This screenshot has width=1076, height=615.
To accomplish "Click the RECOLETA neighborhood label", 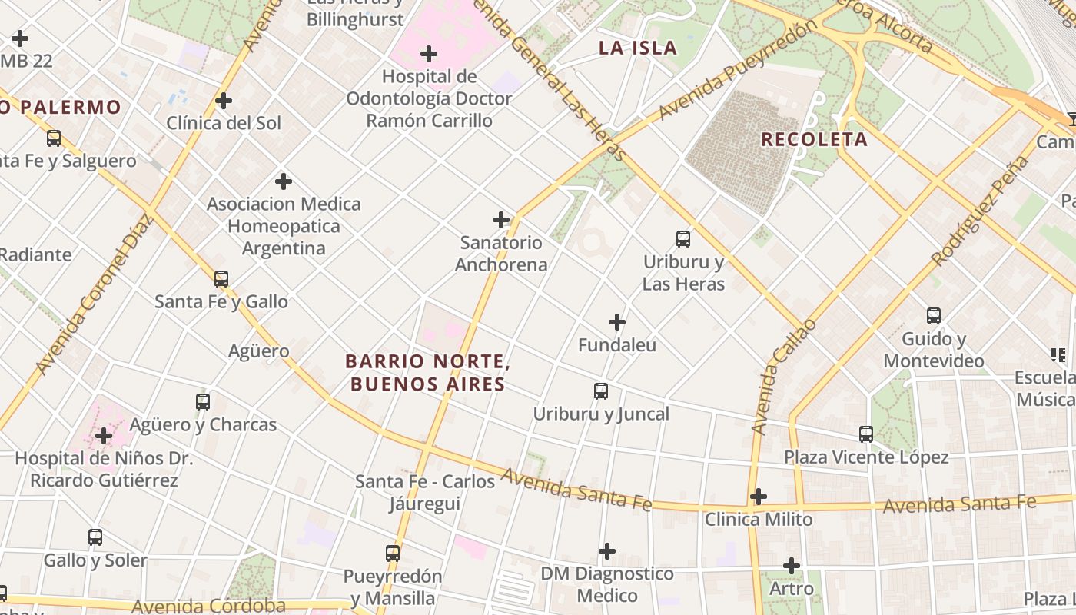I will point(814,139).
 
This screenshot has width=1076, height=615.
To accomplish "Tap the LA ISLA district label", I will point(638,48).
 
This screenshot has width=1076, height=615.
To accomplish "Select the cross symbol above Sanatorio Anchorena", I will point(501,220).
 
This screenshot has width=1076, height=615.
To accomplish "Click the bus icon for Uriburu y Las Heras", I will point(683,238).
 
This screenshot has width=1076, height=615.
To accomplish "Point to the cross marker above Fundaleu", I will point(617,322).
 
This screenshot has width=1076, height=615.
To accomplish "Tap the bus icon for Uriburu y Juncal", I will point(601,391).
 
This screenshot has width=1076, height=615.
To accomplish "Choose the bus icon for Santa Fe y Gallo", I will point(221,278).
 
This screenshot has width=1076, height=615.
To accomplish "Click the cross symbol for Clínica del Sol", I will point(224,101).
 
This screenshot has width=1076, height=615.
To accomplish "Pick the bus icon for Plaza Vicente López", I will point(866,434).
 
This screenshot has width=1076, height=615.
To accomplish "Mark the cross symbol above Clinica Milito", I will point(759,497).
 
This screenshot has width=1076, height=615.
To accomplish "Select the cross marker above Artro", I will point(792,566).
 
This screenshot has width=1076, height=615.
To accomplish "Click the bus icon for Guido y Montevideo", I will point(934,315).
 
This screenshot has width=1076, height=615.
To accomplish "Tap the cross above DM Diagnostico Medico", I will point(607,550).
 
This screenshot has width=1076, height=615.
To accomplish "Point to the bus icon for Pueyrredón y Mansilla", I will point(393,553).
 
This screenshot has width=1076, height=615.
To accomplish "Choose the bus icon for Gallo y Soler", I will point(95,537).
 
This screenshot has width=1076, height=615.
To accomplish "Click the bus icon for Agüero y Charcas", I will point(203,401).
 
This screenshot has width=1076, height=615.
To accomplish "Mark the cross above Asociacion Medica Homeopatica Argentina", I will point(284,181).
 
